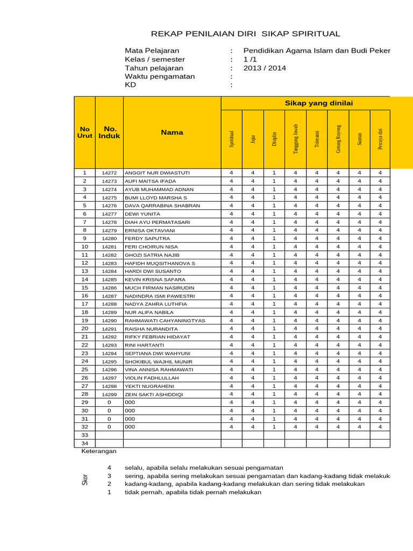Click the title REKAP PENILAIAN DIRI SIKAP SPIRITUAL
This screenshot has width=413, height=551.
[x=246, y=34]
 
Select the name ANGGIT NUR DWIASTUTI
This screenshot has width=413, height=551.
[x=157, y=173]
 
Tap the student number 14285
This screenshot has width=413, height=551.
[x=109, y=280]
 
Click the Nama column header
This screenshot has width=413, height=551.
[x=172, y=132]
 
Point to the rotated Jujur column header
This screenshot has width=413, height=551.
[x=253, y=139]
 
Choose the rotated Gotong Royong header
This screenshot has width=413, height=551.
[x=338, y=139]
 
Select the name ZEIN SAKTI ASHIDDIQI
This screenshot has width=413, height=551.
[x=154, y=394]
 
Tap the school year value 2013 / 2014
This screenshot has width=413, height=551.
[x=265, y=68]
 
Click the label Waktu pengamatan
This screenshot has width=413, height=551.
[x=160, y=76]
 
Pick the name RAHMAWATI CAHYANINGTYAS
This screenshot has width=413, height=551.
[x=165, y=321]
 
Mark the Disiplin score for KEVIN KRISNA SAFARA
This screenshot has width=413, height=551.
[x=274, y=280]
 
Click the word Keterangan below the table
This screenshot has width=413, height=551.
[x=98, y=451]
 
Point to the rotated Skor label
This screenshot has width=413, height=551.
[x=84, y=480]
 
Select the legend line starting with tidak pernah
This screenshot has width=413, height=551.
[x=193, y=492]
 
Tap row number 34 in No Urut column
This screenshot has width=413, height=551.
[x=84, y=443]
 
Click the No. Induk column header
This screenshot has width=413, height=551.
[x=109, y=132]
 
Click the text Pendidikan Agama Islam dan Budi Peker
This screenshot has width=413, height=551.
[x=317, y=51]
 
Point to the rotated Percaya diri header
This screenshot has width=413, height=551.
[x=380, y=139]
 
